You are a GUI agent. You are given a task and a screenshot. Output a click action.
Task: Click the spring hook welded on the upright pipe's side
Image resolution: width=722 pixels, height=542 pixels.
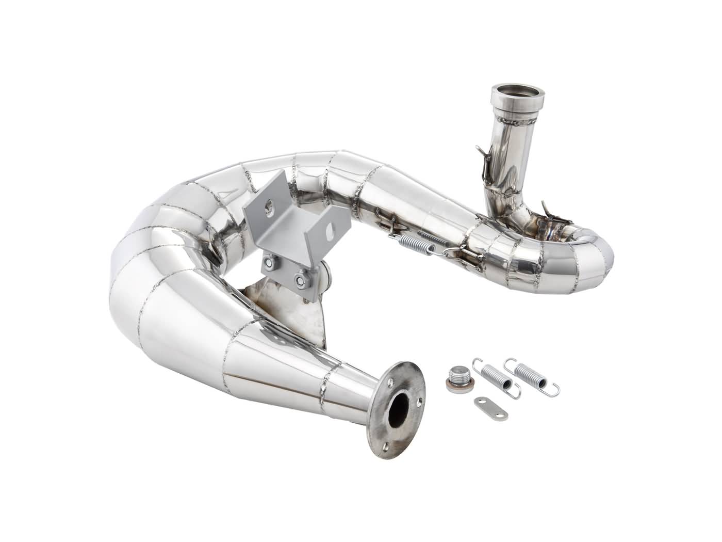(482, 154)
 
